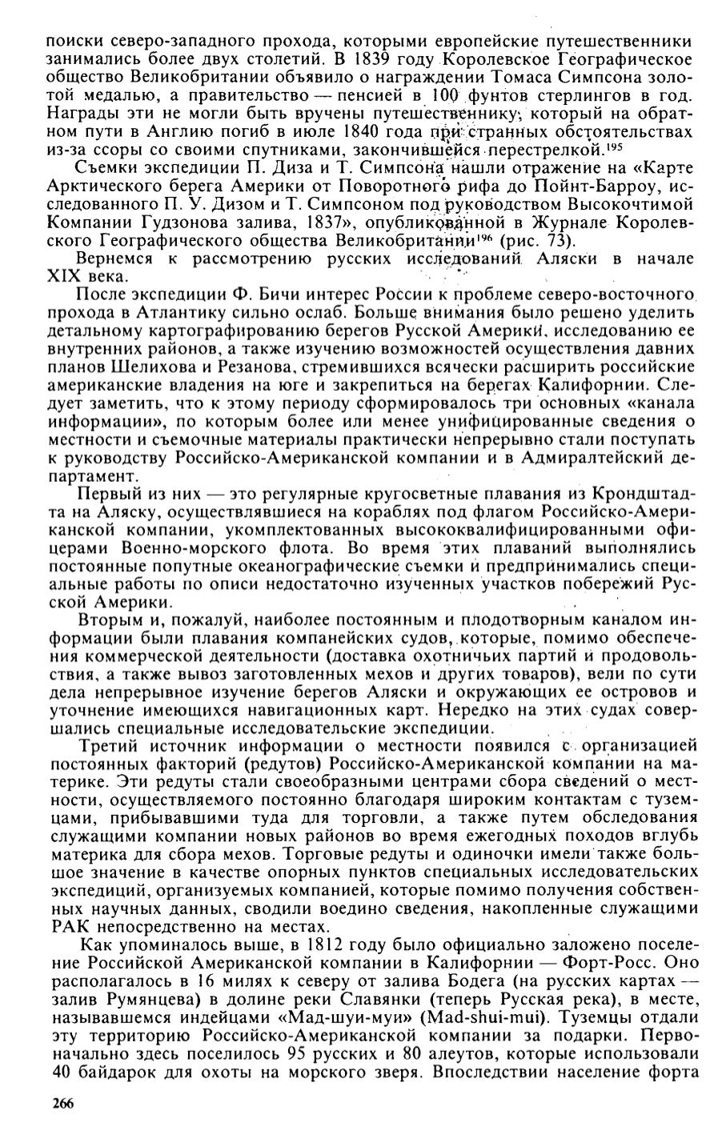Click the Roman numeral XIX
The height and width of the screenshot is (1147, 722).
[64, 278]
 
